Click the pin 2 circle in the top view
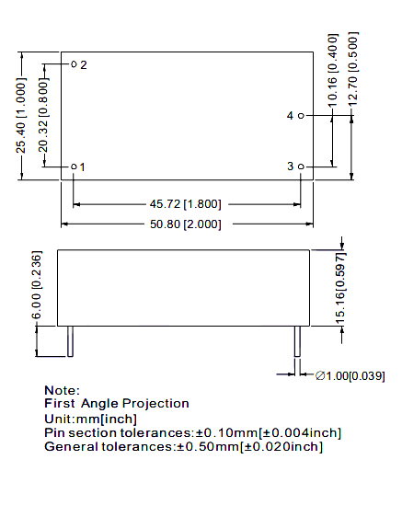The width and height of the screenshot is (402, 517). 74,64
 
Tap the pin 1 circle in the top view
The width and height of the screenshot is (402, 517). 74,167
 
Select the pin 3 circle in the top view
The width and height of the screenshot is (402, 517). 301,167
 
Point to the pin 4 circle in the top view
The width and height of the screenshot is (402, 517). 301,116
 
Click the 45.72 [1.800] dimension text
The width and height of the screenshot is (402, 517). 185,204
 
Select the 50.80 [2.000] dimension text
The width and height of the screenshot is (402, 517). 185,224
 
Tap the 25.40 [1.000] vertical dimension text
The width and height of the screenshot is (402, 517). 21,116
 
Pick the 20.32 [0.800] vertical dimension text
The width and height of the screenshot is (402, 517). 43,115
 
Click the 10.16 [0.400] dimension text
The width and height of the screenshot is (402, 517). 333,70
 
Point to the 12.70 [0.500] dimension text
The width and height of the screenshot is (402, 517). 353,69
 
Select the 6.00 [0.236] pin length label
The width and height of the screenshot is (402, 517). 37,285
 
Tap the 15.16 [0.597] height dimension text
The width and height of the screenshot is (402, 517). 340,289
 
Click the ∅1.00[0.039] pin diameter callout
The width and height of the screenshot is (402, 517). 350,376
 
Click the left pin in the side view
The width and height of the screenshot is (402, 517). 70,341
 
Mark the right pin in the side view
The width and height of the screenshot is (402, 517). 297,341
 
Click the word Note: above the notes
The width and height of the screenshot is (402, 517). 62,390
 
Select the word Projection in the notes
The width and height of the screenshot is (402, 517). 155,404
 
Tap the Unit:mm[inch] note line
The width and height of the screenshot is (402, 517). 90,419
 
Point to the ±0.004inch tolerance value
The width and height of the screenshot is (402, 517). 302,433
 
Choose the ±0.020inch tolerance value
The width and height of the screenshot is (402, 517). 283,447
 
